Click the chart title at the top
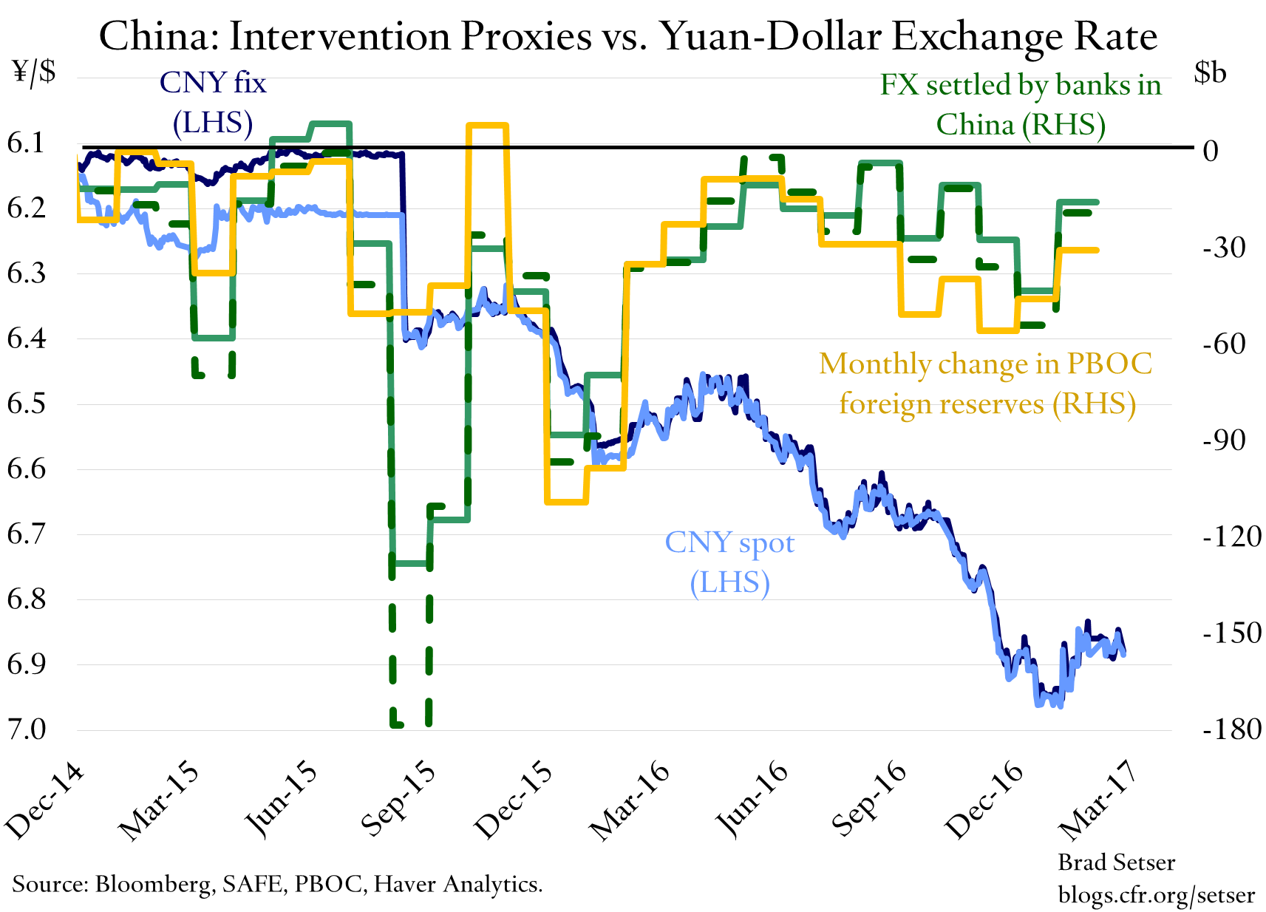[x=628, y=35]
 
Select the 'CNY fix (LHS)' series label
[x=213, y=102]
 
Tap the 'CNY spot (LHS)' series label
[x=729, y=562]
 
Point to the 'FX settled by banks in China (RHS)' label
[x=1021, y=104]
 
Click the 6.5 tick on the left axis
[x=26, y=404]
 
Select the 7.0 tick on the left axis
[x=26, y=729]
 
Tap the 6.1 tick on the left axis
[x=26, y=143]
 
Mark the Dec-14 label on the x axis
[x=44, y=802]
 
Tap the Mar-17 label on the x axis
[x=1097, y=802]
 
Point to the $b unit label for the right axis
[x=1210, y=72]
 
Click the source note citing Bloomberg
[x=277, y=884]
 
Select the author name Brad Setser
[x=1116, y=862]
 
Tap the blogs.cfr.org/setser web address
[x=1156, y=895]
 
